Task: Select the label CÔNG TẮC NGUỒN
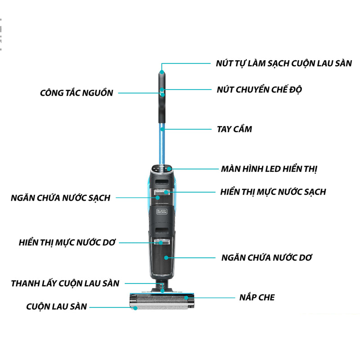click(76, 93)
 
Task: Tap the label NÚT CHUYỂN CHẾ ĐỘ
click(259, 89)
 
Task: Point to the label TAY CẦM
click(234, 129)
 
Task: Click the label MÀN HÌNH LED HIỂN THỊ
click(269, 169)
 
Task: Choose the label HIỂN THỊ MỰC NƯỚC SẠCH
click(273, 192)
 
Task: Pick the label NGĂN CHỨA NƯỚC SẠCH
click(61, 198)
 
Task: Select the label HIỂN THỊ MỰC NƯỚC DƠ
click(67, 242)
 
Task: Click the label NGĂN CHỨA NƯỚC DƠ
click(267, 258)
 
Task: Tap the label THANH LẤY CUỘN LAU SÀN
click(65, 283)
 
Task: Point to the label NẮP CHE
click(257, 297)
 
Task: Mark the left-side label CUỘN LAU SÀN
click(56, 307)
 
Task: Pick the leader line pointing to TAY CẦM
click(189, 129)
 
